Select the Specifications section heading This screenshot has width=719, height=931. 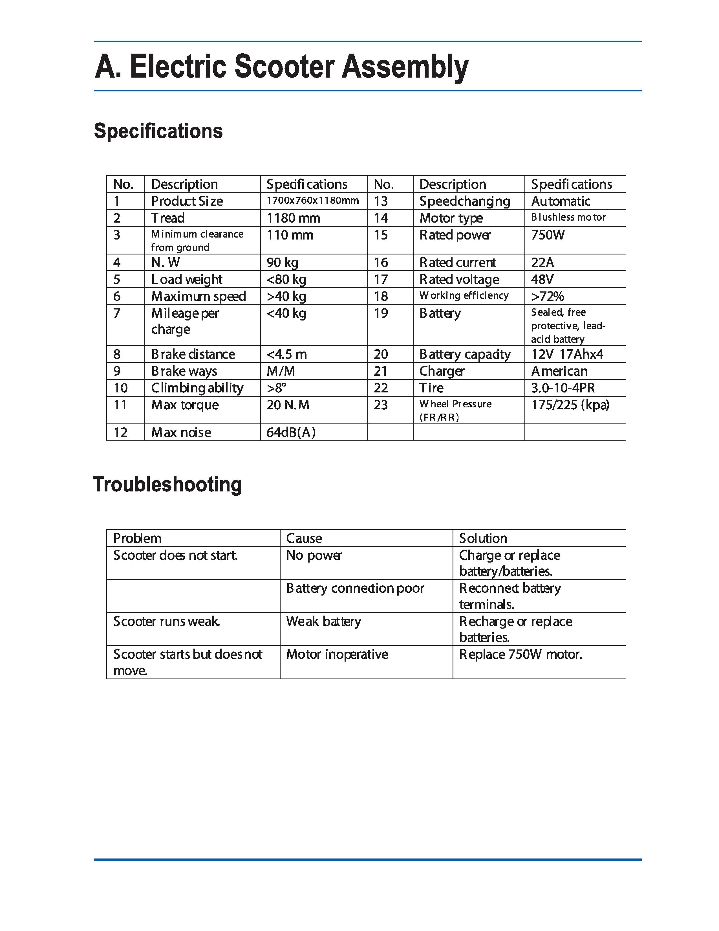click(158, 131)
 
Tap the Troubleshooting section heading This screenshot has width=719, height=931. click(167, 485)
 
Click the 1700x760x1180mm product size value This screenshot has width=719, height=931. click(313, 200)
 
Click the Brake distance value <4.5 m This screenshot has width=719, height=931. click(287, 354)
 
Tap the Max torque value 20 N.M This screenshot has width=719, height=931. click(288, 405)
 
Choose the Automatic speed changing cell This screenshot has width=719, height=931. click(561, 201)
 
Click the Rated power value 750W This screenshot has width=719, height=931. click(548, 235)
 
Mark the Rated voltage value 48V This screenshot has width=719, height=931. click(542, 279)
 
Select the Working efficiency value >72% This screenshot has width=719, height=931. click(547, 296)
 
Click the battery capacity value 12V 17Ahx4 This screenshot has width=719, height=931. click(567, 354)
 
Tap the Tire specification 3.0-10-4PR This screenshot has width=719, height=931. click(563, 388)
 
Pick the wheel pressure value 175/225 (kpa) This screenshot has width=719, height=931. click(570, 405)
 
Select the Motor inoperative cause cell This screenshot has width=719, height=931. click(337, 654)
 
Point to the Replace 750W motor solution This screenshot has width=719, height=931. click(520, 654)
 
